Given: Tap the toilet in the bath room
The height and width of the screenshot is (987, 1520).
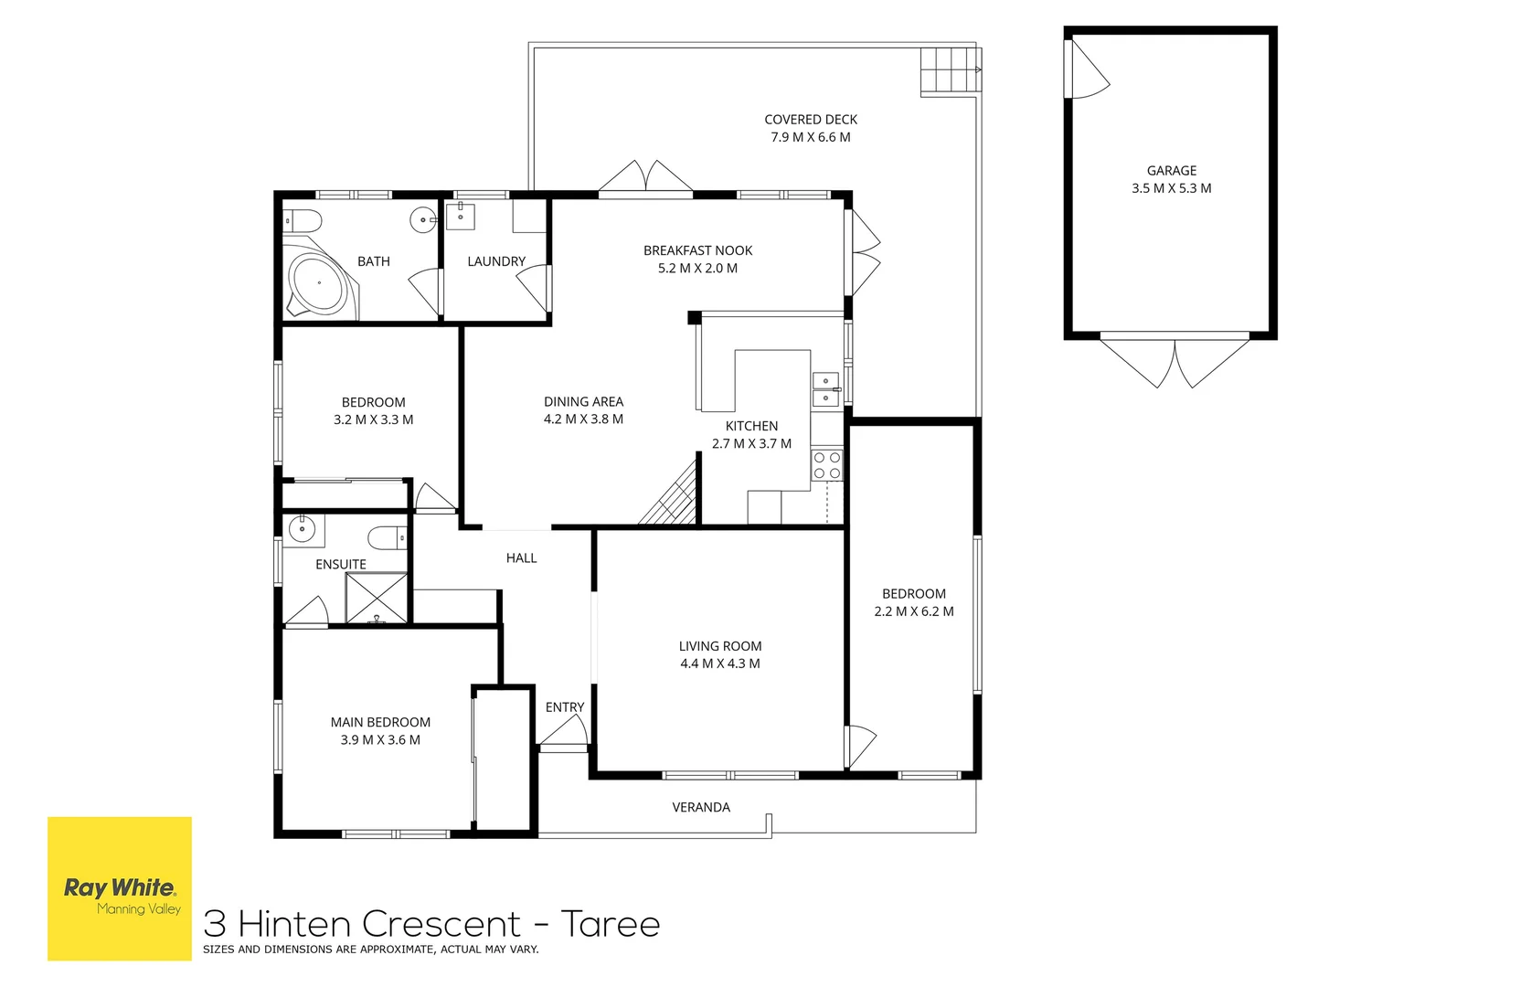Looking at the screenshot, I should [303, 220].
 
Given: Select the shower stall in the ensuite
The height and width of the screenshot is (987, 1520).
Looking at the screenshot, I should [377, 599].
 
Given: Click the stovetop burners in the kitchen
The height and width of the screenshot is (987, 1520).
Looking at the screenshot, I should [827, 465].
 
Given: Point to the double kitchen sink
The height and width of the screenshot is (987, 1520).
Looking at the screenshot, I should [826, 389].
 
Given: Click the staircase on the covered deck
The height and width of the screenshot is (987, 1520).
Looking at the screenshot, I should [950, 70].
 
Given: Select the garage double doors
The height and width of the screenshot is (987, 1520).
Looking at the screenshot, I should [1174, 361].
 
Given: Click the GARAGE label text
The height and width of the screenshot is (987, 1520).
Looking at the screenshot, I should [1171, 171].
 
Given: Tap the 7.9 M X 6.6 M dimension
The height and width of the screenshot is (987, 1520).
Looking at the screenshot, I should [810, 137].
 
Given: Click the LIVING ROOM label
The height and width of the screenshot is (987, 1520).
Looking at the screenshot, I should [719, 646].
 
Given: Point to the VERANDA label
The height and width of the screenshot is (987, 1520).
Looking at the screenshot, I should [701, 807].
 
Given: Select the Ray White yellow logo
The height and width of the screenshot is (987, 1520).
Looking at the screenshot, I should [120, 888].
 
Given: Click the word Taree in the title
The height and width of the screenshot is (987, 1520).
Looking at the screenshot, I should [610, 924].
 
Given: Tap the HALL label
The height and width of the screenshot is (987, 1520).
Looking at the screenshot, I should [521, 557].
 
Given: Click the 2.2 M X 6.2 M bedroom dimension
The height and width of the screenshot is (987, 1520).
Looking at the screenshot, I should [913, 611].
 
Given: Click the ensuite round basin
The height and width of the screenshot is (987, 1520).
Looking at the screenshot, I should [302, 528].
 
